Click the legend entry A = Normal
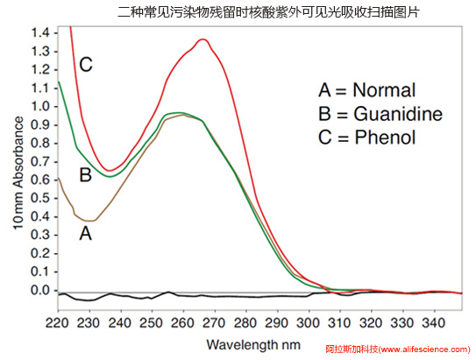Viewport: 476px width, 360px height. click(x=366, y=91)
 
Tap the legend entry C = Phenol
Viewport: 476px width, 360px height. click(x=366, y=138)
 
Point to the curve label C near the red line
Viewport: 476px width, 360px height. click(x=86, y=65)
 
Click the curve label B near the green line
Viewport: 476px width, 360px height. click(x=85, y=175)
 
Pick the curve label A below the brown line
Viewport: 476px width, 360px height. click(x=85, y=233)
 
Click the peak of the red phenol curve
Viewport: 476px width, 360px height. click(x=203, y=39)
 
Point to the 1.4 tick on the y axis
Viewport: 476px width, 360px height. click(x=41, y=32)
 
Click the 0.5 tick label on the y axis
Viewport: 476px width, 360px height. click(x=41, y=198)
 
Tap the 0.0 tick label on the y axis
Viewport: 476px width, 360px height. click(x=41, y=290)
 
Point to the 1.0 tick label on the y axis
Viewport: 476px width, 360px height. click(x=41, y=106)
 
